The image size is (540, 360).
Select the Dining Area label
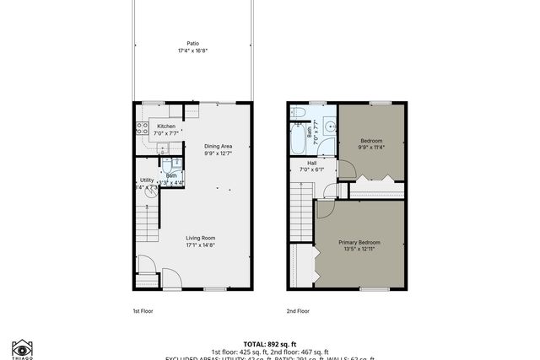click(x=218, y=147)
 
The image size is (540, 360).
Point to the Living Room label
click(x=201, y=238)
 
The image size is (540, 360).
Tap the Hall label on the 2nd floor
click(x=312, y=163)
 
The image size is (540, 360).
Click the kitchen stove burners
click(x=139, y=129)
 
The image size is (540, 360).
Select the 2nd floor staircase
click(x=302, y=211)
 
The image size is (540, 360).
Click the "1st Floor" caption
click(x=143, y=310)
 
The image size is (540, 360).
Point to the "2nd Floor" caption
click(x=297, y=310)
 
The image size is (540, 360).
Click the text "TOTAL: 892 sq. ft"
click(x=269, y=343)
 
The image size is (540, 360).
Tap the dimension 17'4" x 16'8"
click(x=193, y=51)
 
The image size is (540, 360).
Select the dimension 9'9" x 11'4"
click(x=372, y=148)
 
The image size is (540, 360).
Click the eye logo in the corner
click(x=21, y=347)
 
